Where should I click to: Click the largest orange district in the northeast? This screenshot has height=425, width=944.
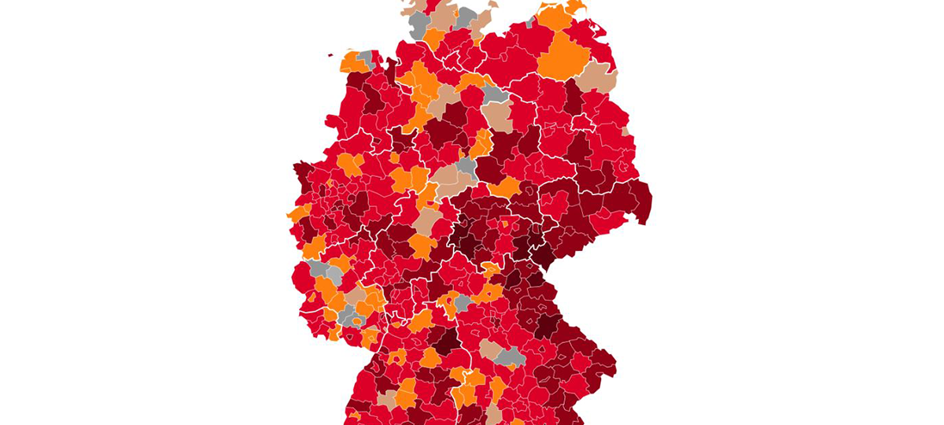(x=563, y=56)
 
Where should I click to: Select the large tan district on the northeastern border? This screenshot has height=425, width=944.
(x=597, y=77)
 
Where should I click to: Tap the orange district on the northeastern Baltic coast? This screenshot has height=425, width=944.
(x=557, y=16)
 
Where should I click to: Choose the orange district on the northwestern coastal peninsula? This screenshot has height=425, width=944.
(x=353, y=64)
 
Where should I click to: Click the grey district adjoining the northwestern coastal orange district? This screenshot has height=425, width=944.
(x=367, y=57)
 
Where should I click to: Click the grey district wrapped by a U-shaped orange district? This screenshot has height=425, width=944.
(x=463, y=302)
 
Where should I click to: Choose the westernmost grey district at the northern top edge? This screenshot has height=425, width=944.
(x=419, y=24)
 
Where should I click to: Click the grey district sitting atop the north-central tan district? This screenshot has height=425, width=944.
(x=494, y=94)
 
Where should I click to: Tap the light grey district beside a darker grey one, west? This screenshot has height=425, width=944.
(x=334, y=276)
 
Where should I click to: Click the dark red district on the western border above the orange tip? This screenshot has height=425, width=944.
(x=303, y=175)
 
